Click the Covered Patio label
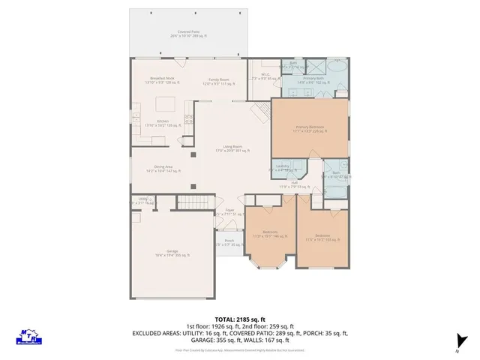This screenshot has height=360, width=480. point(188,34)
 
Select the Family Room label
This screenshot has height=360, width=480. point(218,80)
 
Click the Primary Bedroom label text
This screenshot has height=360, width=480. point(309,128)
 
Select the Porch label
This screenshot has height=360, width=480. point(229,242)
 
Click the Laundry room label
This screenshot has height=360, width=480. point(283,166)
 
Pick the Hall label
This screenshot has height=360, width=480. point(295,184)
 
